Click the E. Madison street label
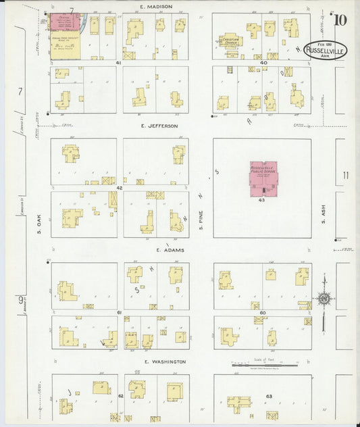(x=156, y=6)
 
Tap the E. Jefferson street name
(x=159, y=126)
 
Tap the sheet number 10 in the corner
(x=340, y=19)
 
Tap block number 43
(x=261, y=200)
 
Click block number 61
(x=119, y=313)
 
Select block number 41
(x=118, y=63)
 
